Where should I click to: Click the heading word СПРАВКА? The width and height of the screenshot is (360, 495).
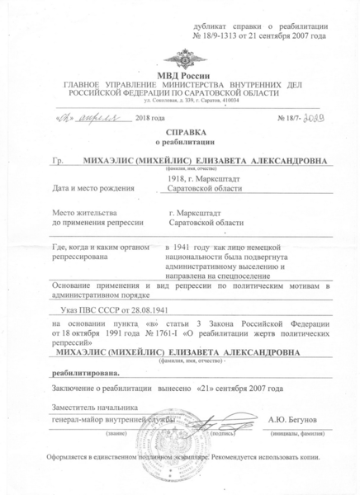[180, 132]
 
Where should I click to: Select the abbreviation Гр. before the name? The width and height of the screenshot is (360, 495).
[57, 164]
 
